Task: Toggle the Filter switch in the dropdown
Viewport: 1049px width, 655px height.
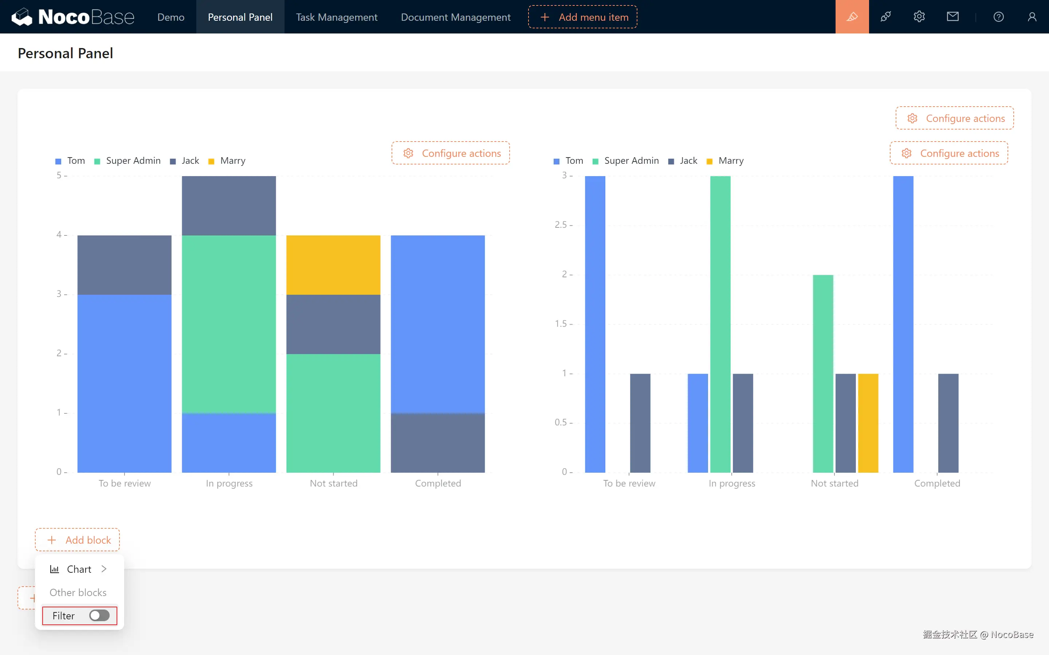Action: (99, 616)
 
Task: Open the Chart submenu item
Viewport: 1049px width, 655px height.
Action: (79, 569)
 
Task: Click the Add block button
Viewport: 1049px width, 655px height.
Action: (78, 540)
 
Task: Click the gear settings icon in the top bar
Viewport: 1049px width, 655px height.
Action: (919, 17)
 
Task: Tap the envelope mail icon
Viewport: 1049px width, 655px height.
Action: (952, 17)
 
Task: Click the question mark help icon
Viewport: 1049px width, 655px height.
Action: (998, 17)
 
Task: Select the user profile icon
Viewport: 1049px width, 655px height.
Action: (1032, 17)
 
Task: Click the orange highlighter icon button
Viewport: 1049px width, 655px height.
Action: (852, 17)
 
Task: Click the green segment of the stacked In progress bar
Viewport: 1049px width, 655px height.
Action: (229, 324)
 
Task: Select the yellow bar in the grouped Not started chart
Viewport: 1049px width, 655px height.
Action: (868, 422)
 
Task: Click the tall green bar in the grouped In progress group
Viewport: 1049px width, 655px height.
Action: (720, 324)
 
